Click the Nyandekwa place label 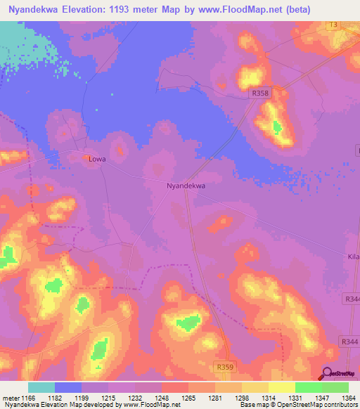click(186, 186)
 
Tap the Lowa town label click(97, 159)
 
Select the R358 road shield click(262, 92)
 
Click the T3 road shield click(333, 25)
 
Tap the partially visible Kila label click(353, 257)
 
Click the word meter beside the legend click(10, 398)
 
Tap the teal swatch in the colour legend click(41, 387)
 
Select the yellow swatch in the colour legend click(281, 387)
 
